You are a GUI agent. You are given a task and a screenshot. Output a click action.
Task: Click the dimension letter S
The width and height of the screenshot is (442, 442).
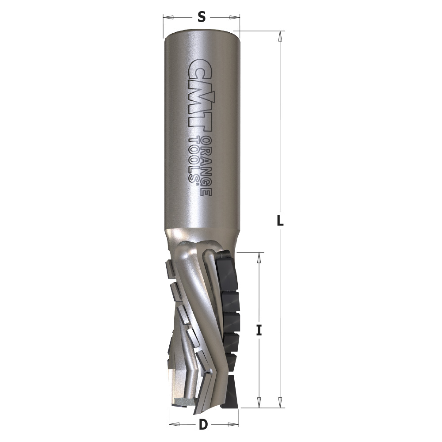click(x=201, y=18)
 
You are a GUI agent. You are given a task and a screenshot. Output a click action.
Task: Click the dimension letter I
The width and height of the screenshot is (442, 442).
click(x=259, y=330)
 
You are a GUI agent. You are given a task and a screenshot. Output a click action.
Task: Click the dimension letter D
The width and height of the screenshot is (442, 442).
click(x=203, y=425)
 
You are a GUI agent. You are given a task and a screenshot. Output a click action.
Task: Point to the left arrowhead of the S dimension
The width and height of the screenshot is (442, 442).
click(x=167, y=18)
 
